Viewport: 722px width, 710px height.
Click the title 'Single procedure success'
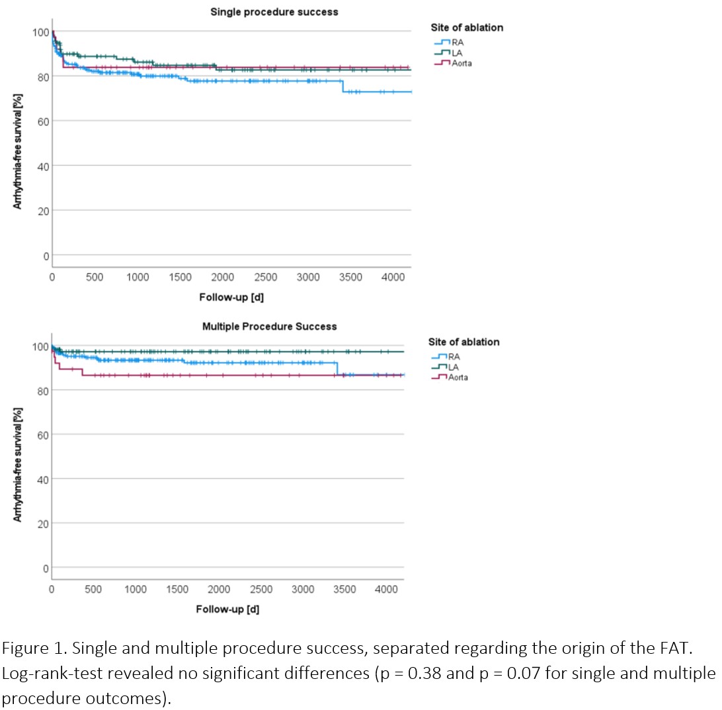coord(274,12)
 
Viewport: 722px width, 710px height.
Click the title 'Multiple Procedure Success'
coord(269,327)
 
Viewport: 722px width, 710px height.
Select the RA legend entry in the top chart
coord(449,42)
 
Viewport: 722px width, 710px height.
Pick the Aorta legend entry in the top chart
coord(453,63)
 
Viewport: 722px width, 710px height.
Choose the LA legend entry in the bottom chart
coord(445,367)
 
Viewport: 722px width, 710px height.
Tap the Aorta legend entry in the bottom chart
coord(450,377)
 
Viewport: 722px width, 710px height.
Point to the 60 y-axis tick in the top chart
coord(43,122)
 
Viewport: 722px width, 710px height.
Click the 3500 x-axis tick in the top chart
coord(350,277)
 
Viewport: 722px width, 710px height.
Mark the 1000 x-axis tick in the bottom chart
coord(136,590)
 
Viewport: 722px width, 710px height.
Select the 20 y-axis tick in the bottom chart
coord(43,524)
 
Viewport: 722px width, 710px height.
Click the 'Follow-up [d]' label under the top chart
coord(231,297)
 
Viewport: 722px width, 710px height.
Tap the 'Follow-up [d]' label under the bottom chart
coord(227,609)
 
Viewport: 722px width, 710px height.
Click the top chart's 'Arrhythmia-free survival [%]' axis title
coord(17,151)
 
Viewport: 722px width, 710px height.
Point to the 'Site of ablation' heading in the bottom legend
coord(463,342)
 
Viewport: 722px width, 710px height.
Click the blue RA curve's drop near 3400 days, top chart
coord(342,87)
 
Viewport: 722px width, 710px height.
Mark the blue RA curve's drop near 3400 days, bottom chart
coord(337,369)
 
